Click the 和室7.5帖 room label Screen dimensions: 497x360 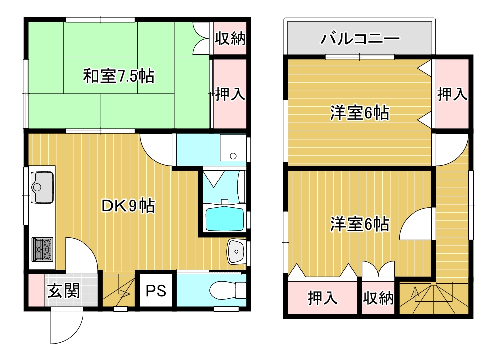pyautogui.click(x=119, y=76)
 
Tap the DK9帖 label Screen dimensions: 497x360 pyautogui.click(x=128, y=206)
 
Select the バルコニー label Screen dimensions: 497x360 pyautogui.click(x=360, y=39)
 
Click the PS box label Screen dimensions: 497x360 pyautogui.click(x=156, y=291)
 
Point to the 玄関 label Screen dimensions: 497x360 pyautogui.click(x=64, y=290)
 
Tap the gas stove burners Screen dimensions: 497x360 pyautogui.click(x=42, y=249)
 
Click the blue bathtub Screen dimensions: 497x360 pyautogui.click(x=224, y=219)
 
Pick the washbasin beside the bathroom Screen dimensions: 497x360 pyautogui.click(x=236, y=251)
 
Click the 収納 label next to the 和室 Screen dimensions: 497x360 pyautogui.click(x=230, y=39)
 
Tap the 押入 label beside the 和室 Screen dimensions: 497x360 pyautogui.click(x=230, y=94)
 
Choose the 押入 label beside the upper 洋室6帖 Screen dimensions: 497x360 pyautogui.click(x=452, y=94)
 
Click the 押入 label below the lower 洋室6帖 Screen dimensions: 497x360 pyautogui.click(x=323, y=298)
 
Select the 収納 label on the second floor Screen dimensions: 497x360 pyautogui.click(x=378, y=298)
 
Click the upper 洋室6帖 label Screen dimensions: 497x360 pyautogui.click(x=359, y=113)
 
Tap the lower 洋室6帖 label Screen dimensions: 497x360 pyautogui.click(x=359, y=224)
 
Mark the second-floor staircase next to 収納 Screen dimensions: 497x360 pyautogui.click(x=433, y=298)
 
